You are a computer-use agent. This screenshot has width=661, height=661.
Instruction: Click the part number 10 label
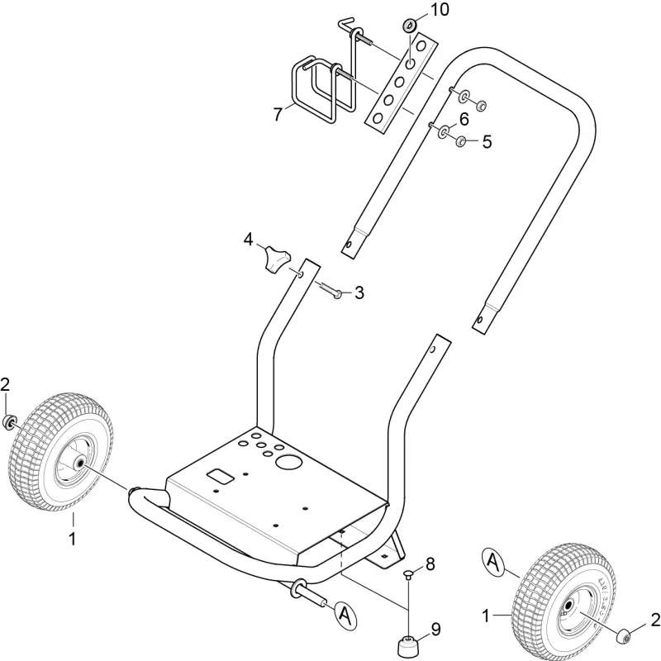[439, 10]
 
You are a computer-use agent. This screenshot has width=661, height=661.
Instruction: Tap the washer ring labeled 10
[408, 26]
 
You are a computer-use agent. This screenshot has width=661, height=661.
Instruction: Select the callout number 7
[278, 114]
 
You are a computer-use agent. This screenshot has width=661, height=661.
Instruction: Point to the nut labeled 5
[461, 141]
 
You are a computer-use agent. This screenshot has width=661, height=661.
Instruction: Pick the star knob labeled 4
[275, 259]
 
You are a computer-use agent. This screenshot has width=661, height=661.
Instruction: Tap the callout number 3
[359, 292]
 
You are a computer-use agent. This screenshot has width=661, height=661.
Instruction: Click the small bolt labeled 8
[408, 575]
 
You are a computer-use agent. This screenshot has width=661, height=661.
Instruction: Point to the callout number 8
[430, 564]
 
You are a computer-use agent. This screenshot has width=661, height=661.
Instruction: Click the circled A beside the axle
[345, 617]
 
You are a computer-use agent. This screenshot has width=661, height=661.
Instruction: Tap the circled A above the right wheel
[493, 562]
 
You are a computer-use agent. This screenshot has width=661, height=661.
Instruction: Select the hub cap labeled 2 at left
[9, 422]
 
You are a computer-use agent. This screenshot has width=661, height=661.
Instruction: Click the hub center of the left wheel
[78, 463]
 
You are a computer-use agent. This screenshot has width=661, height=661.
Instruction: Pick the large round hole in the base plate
[288, 463]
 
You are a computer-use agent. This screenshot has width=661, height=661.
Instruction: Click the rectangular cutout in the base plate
[220, 477]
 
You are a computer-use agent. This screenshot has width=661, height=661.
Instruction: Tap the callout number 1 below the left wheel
[73, 539]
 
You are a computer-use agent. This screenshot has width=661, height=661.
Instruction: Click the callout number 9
[435, 630]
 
